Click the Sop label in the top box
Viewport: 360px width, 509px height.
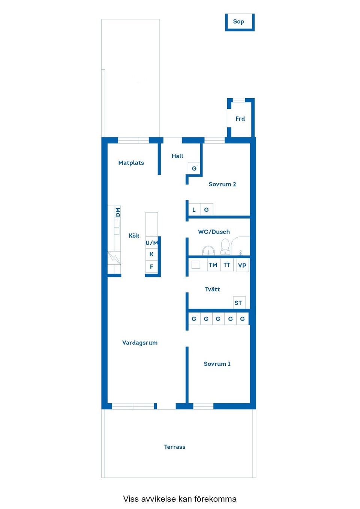point(238,22)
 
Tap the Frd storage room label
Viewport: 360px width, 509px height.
point(240,119)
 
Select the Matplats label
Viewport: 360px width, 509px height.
point(131,163)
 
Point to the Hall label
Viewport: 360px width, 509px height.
point(177,156)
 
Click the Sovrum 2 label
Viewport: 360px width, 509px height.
point(222,184)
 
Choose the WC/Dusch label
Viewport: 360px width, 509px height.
point(214,232)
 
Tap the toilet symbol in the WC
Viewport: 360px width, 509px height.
point(225,246)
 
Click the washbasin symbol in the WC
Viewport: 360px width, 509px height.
point(208,250)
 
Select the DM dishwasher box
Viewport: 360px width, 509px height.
point(118,212)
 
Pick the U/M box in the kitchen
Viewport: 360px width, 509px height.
point(151,243)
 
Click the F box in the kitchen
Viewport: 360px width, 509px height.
point(151,267)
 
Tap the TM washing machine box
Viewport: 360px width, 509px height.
point(213,265)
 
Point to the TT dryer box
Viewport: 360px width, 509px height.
point(227,265)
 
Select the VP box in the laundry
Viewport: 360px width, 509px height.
point(242,265)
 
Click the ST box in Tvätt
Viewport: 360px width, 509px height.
point(238,303)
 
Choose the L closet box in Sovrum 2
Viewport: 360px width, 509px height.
point(194,210)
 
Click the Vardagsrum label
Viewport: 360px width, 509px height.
point(140,343)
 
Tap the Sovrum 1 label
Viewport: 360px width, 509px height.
point(217,364)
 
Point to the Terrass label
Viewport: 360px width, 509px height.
point(175,447)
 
